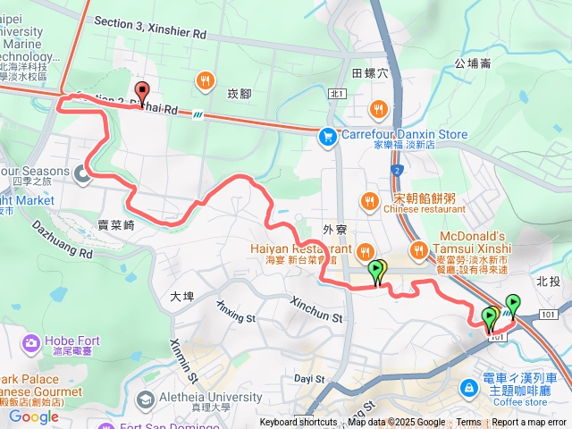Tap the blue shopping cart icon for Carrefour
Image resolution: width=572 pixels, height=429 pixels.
(x=327, y=136)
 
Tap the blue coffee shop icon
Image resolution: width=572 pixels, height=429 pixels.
(x=469, y=387)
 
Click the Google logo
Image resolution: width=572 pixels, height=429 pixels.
(x=33, y=416)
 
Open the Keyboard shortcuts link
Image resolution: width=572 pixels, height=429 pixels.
(x=299, y=422)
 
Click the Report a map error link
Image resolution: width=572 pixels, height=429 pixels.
(x=529, y=422)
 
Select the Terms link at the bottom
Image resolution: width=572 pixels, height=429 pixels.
(x=468, y=422)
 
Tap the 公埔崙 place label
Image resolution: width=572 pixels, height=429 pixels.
(x=473, y=63)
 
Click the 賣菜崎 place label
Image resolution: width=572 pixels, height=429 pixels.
(x=117, y=225)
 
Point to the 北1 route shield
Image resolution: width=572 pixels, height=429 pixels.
(x=337, y=93)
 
